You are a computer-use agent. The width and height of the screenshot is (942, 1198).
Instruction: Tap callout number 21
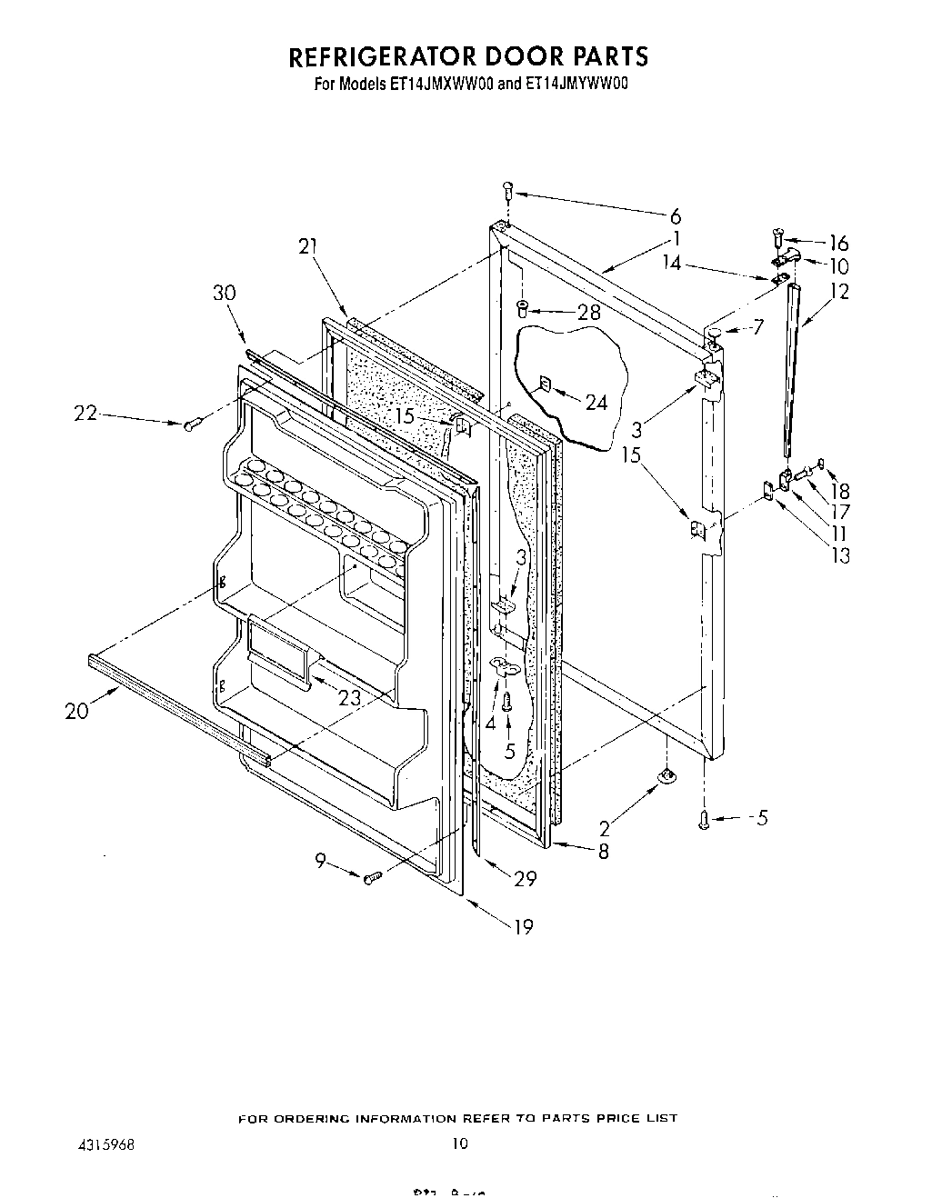[x=307, y=245]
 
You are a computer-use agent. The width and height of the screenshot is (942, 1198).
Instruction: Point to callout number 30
[x=224, y=293]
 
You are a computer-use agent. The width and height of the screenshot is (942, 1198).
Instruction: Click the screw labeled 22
[x=190, y=424]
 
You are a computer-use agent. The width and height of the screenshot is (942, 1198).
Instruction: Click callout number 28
[x=589, y=313]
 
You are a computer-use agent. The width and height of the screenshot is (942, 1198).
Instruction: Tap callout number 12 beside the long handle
[x=839, y=292]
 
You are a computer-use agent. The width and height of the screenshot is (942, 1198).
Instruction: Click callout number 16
[x=837, y=243]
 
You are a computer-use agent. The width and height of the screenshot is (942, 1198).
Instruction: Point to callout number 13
[x=840, y=554]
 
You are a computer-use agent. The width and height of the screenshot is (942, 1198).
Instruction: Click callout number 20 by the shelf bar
[x=77, y=711]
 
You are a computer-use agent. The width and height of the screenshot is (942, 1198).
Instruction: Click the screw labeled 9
[x=371, y=878]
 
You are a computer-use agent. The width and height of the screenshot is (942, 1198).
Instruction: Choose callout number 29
[x=525, y=878]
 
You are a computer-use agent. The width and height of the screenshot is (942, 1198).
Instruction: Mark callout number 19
[x=523, y=926]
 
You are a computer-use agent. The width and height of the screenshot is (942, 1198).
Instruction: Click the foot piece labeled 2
[x=666, y=774]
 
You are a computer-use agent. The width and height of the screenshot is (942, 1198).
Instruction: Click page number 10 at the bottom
[x=460, y=1143]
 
